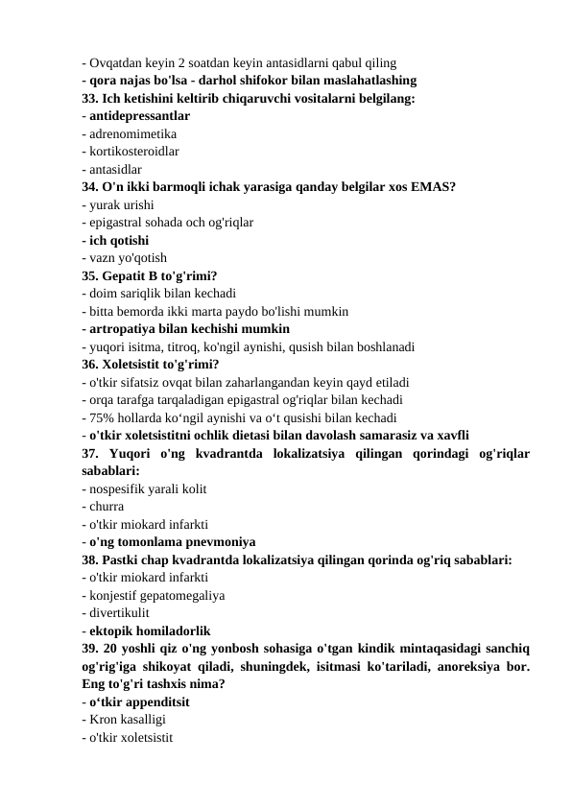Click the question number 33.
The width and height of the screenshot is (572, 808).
[91, 99]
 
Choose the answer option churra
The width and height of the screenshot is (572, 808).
[105, 506]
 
